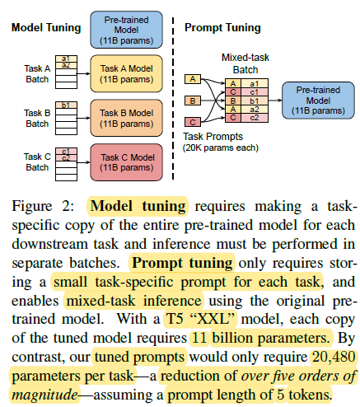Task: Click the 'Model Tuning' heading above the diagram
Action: (x=45, y=27)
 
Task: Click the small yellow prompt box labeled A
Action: (x=194, y=79)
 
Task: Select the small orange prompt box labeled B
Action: (x=194, y=101)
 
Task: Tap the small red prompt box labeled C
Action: (x=194, y=122)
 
